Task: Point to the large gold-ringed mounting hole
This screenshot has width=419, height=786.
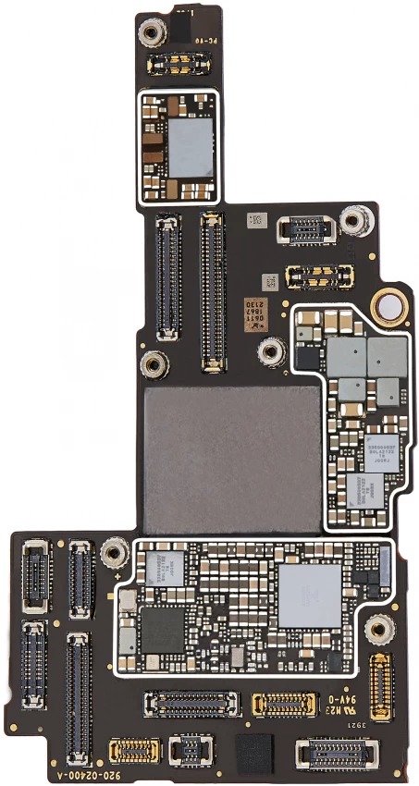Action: pos(390,307)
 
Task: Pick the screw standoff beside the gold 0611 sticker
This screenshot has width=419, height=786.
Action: pos(272,350)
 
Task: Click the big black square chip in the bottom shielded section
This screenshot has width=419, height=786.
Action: pos(162,629)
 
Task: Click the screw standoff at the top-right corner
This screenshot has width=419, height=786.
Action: pos(351,221)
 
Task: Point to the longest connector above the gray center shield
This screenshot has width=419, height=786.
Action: pos(212,289)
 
